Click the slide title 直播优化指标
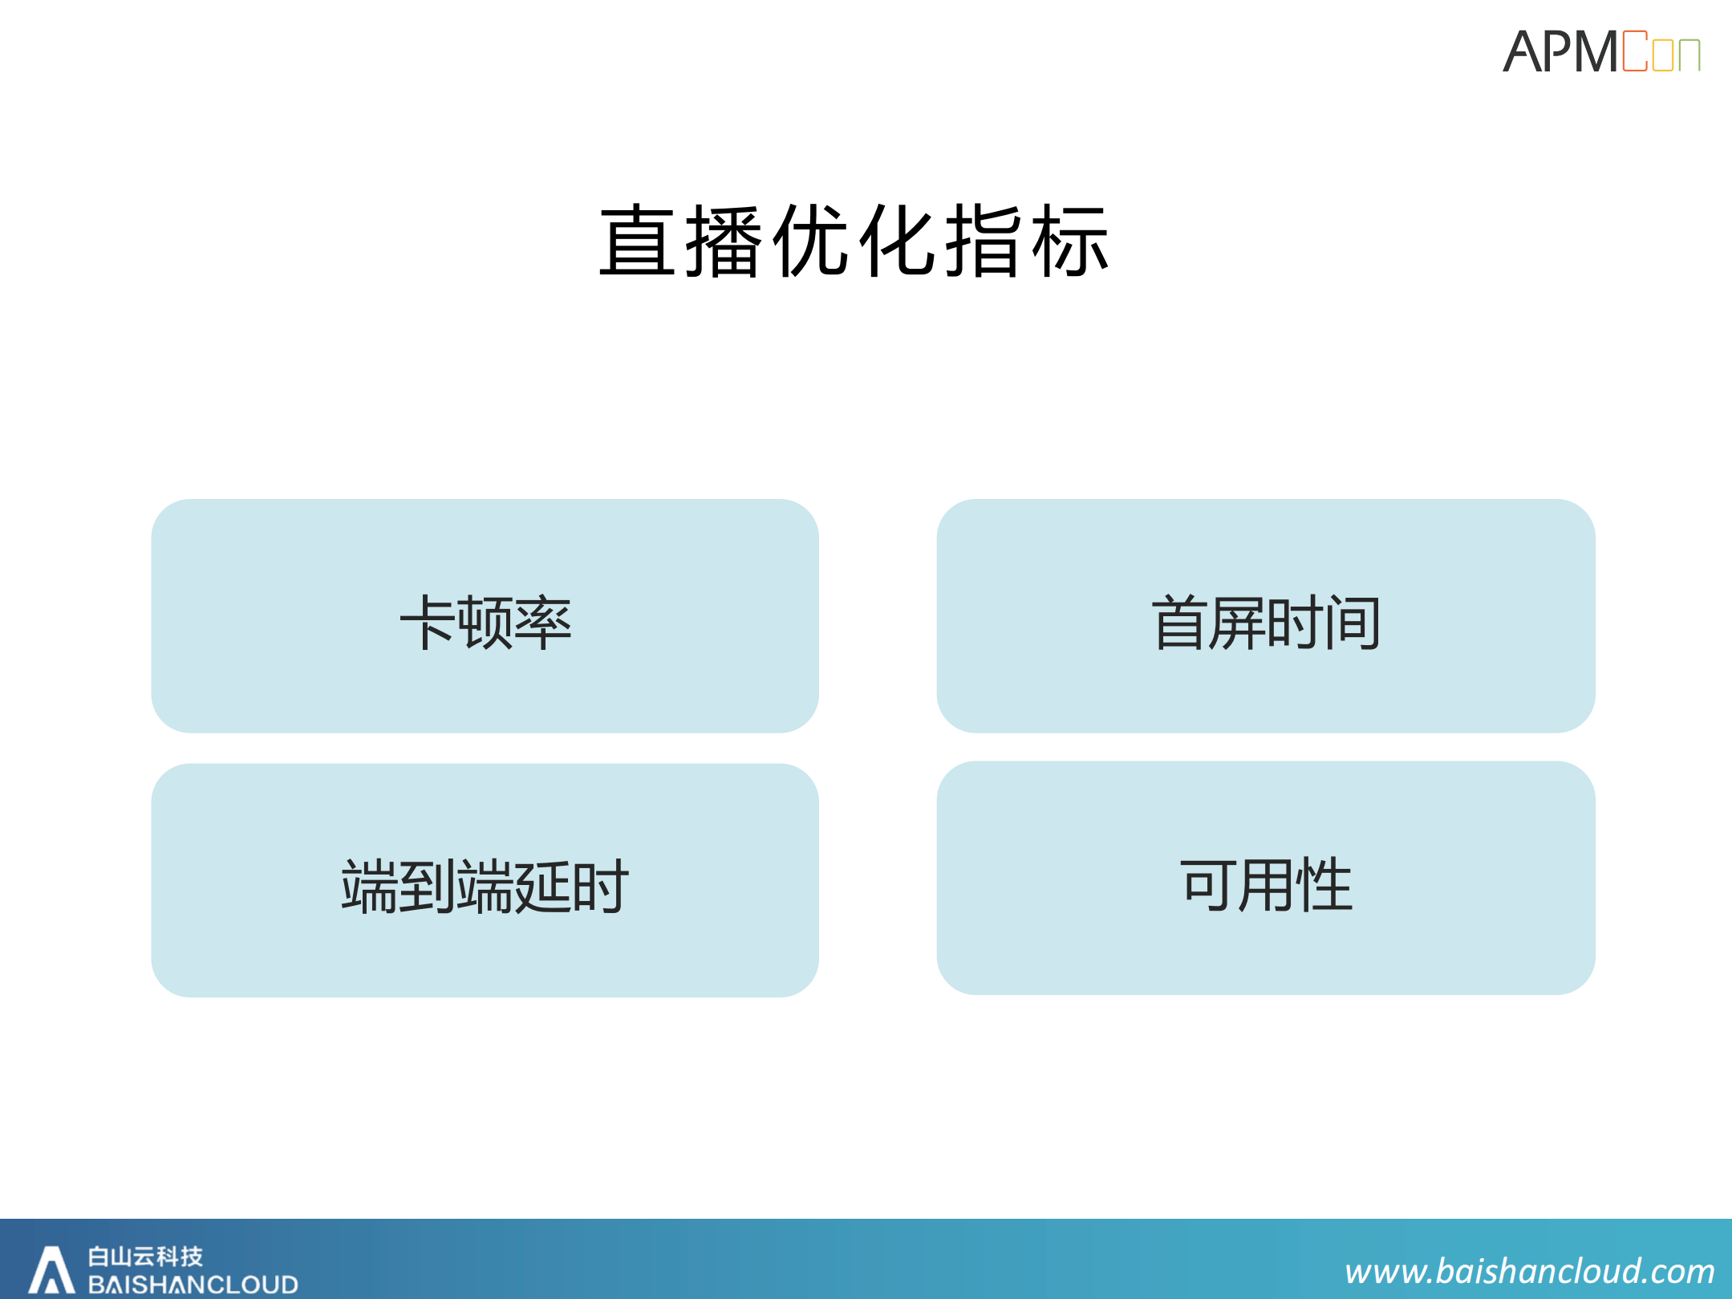click(x=854, y=241)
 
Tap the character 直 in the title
click(x=638, y=241)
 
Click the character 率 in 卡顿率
click(x=543, y=623)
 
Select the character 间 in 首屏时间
click(x=1353, y=623)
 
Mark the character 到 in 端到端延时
click(x=428, y=887)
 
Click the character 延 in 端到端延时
click(x=543, y=887)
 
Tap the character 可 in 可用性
click(x=1208, y=885)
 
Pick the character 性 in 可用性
click(x=1324, y=885)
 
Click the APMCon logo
click(x=1601, y=52)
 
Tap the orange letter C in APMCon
click(x=1634, y=52)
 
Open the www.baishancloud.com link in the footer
click(x=1530, y=1271)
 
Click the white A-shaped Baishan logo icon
click(x=52, y=1270)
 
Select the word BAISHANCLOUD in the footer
click(x=193, y=1284)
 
